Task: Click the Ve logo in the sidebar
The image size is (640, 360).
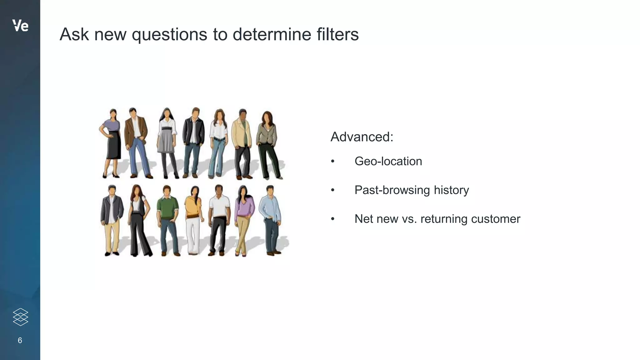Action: coord(20,26)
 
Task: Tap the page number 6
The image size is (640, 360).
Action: coord(20,340)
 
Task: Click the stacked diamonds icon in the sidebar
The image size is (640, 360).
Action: coord(21,317)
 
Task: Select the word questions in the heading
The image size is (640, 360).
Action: coord(169,35)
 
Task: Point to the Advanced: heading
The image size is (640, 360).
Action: coord(362,137)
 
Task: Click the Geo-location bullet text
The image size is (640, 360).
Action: coord(388,161)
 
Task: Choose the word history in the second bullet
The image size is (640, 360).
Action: coord(451,190)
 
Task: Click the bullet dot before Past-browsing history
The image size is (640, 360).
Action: coord(333,190)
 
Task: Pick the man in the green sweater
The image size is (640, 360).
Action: coord(168,219)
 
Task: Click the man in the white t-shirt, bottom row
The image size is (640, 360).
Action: coord(218,219)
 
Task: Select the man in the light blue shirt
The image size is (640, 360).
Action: coord(271,219)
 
